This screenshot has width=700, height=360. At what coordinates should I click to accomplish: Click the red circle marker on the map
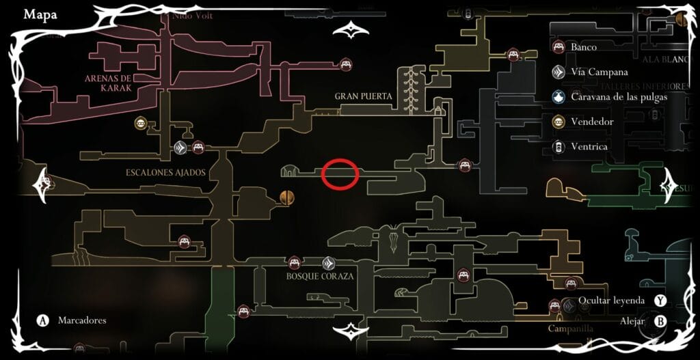(x=340, y=173)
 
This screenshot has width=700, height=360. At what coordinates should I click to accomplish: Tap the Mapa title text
(x=40, y=14)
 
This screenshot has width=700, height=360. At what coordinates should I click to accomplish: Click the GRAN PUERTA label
(x=363, y=96)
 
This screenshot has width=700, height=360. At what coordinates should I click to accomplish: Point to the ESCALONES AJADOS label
(x=165, y=173)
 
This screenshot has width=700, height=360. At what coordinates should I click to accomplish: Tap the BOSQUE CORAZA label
(x=320, y=277)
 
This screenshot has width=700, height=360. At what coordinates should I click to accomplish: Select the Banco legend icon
(x=558, y=47)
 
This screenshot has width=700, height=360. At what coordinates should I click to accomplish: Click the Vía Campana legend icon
(x=558, y=72)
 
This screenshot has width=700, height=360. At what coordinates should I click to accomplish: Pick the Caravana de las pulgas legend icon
(x=558, y=96)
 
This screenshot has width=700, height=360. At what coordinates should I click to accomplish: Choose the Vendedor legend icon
(x=558, y=122)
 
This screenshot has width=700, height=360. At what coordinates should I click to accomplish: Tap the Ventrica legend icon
(x=558, y=146)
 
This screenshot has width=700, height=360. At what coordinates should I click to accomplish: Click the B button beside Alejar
(x=660, y=320)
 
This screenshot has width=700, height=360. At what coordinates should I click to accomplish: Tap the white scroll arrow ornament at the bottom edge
(x=350, y=332)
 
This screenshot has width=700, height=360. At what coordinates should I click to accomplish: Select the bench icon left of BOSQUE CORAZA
(x=294, y=262)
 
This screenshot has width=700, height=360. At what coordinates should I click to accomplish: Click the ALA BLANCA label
(x=677, y=60)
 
